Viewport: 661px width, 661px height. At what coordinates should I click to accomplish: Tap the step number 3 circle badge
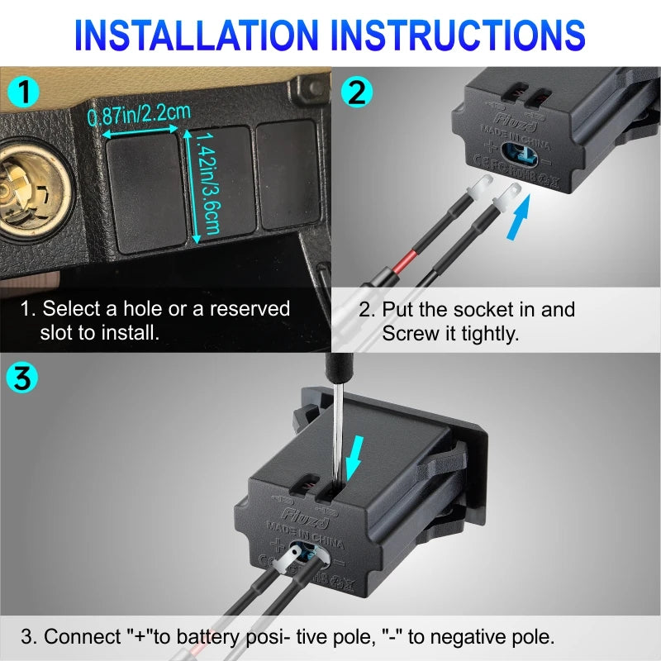click(x=22, y=379)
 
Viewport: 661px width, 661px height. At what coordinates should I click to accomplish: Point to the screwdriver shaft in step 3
click(x=337, y=430)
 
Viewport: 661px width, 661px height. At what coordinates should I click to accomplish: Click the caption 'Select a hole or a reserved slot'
click(x=155, y=320)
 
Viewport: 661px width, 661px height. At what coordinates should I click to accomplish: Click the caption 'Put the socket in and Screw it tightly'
click(x=468, y=321)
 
